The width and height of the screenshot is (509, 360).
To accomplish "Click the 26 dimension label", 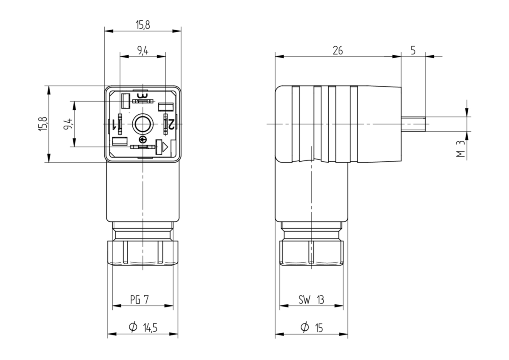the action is coord(338,51).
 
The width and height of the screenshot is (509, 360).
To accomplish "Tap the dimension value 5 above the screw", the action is coord(413,51).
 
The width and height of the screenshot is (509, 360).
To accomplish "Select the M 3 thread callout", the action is coord(461,149).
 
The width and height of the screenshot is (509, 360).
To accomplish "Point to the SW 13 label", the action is coord(311,300).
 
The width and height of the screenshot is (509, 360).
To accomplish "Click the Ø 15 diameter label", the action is coord(311,328).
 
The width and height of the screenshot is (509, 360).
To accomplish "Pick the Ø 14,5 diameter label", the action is coord(143,328).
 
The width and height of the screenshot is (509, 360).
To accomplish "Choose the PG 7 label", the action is coord(140,300).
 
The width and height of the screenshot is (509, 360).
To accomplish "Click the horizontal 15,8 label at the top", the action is coord(143,25).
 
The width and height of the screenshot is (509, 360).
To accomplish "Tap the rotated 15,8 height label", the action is coord(43,124).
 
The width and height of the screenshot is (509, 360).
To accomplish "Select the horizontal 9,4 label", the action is coord(143,51).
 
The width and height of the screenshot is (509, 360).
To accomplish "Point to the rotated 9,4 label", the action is coord(68,124).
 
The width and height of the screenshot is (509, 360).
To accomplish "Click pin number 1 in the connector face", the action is coord(113,124).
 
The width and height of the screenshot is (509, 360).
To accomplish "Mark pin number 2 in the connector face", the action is coord(171,124).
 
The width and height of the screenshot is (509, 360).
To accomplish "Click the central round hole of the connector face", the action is coord(143,124).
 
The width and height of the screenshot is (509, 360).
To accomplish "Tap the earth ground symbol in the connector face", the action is coord(143,139).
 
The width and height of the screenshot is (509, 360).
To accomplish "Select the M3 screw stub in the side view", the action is coord(413,124).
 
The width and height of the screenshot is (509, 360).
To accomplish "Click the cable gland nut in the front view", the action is coord(143,253).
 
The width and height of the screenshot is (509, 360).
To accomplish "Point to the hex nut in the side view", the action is coord(311,253).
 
